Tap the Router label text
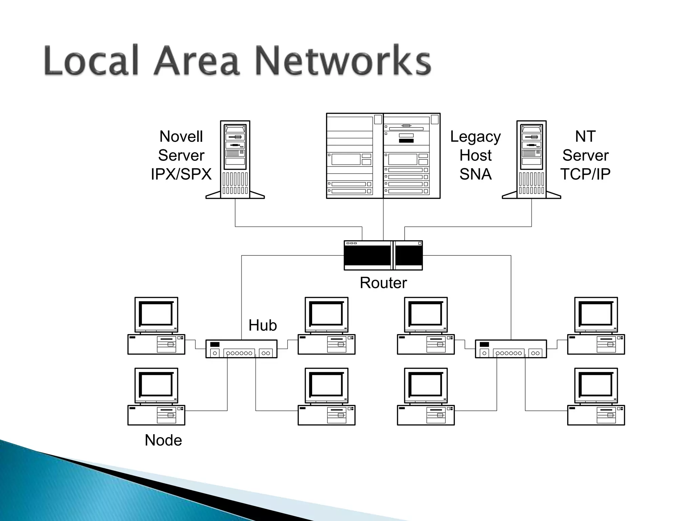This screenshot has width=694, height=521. pos(383,283)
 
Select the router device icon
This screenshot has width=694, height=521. pos(383,255)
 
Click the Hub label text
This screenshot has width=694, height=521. pos(263,325)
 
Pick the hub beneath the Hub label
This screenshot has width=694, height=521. pos(241,349)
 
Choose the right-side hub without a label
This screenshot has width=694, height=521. pos(511,349)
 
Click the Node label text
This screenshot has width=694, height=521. pos(163,440)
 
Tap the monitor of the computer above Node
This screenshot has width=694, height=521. pos(156,385)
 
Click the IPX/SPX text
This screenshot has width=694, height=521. pos(181,174)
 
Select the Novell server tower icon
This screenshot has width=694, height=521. pos(235,159)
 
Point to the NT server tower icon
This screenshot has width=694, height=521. pos(531,159)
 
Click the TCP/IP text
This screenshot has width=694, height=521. pos(585,174)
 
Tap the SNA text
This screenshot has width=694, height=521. pos(475,174)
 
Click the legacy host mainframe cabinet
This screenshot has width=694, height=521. pos(383,156)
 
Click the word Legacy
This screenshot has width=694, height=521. pos(475,137)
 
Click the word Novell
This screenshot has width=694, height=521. pos(181,137)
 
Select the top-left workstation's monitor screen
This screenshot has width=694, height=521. pos(156,314)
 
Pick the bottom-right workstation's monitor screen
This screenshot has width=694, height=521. pos(596,385)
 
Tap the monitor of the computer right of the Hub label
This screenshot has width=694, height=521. pos(326,314)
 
